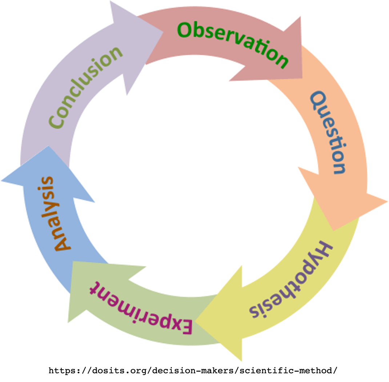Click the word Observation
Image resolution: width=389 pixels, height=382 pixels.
(x=233, y=43)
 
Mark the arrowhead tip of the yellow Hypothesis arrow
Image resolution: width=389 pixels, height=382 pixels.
(x=197, y=321)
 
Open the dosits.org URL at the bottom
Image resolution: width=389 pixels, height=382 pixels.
(x=193, y=371)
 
